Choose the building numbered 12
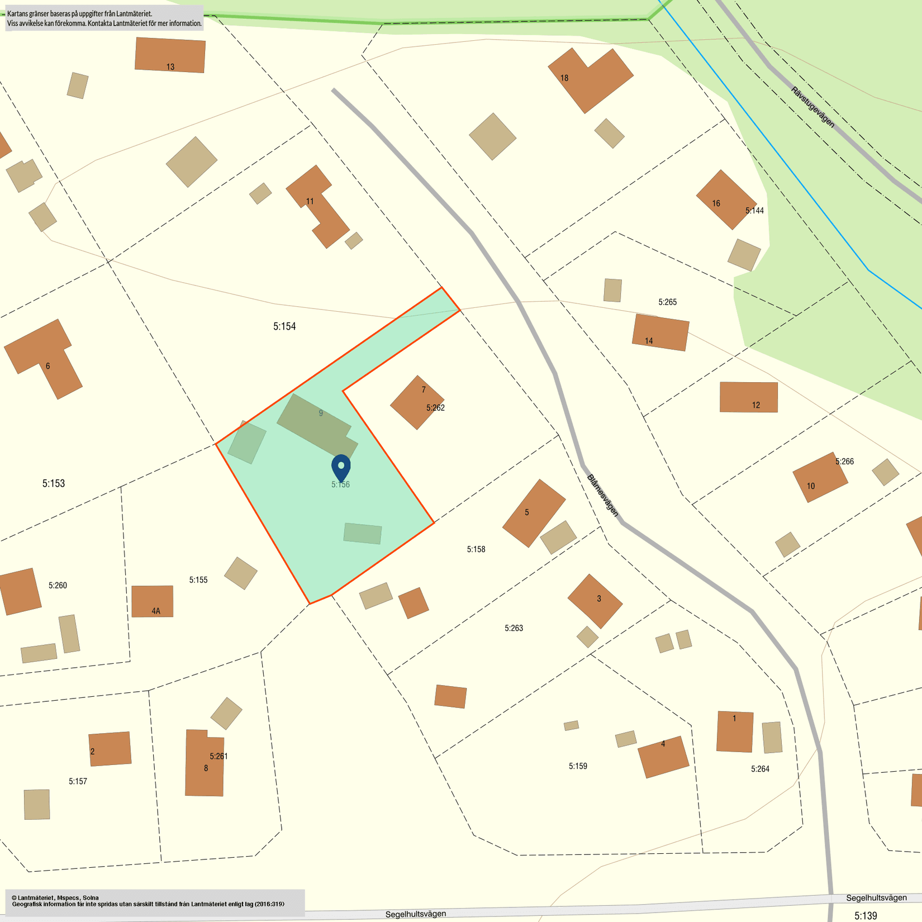(x=748, y=397)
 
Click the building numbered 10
(x=820, y=477)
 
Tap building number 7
(x=417, y=402)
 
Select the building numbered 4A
(x=152, y=601)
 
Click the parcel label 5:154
(x=284, y=326)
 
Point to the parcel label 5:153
(x=54, y=483)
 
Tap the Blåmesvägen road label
(x=603, y=495)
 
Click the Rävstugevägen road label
(x=812, y=107)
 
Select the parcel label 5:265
(x=667, y=302)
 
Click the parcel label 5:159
(x=578, y=766)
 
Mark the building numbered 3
(x=595, y=601)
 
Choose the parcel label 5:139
(x=866, y=915)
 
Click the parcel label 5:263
(x=514, y=628)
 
